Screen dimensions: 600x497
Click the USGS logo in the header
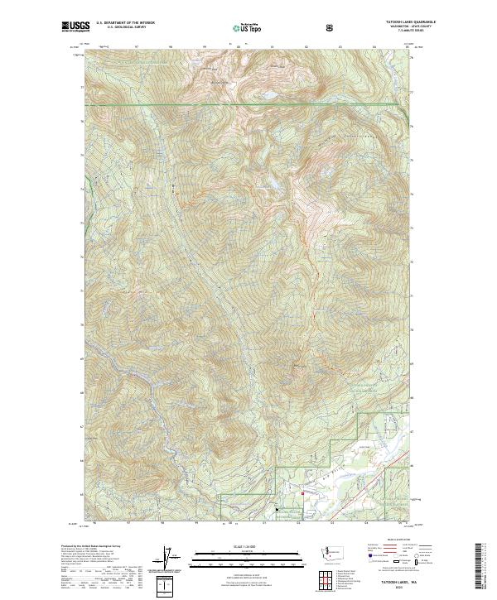tap(75, 27)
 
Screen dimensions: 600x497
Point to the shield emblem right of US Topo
tap(331, 27)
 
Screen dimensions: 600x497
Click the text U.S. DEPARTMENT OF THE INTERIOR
tap(125, 23)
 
